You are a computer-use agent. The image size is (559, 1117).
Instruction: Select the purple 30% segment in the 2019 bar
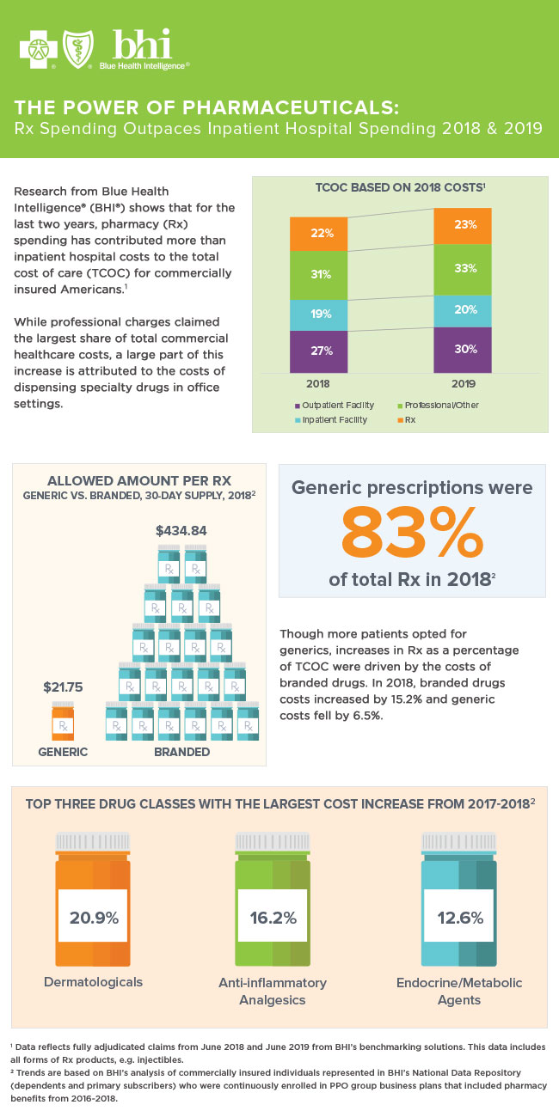(463, 349)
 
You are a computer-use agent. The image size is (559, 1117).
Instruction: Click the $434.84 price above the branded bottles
(181, 531)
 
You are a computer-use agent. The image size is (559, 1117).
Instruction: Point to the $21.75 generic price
(63, 687)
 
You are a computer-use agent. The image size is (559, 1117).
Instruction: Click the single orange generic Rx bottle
(63, 723)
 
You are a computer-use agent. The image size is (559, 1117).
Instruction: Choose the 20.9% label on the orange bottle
(93, 918)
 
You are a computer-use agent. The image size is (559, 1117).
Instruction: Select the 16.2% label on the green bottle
(272, 918)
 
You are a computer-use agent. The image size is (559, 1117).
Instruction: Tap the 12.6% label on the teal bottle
(459, 918)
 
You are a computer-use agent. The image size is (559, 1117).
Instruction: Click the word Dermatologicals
(93, 982)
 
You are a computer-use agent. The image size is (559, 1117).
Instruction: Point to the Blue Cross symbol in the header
(36, 49)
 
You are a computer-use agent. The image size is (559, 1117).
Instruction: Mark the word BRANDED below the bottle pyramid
(181, 752)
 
